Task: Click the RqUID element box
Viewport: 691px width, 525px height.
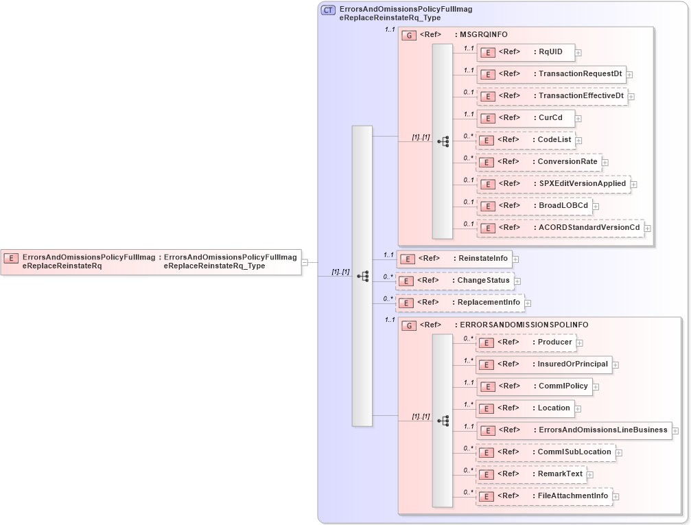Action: pyautogui.click(x=526, y=52)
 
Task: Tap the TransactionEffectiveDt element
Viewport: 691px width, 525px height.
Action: pyautogui.click(x=552, y=96)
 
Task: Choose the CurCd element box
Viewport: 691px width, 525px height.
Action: pyautogui.click(x=526, y=118)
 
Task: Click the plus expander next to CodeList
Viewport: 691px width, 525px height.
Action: pyautogui.click(x=578, y=140)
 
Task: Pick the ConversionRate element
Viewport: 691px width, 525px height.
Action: pyautogui.click(x=539, y=162)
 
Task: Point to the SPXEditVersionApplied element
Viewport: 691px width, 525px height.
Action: pyautogui.click(x=553, y=184)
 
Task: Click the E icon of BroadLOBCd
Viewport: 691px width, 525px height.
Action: pyautogui.click(x=487, y=206)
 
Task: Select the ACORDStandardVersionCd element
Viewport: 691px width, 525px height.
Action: pyautogui.click(x=560, y=228)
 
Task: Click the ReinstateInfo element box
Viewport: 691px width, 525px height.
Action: pyautogui.click(x=455, y=259)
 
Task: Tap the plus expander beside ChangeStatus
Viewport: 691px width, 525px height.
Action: pyautogui.click(x=518, y=281)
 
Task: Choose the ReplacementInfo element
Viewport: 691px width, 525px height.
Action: pyautogui.click(x=460, y=303)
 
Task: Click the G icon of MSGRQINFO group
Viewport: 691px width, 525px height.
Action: pyautogui.click(x=409, y=35)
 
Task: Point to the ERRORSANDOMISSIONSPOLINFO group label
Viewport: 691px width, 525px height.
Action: pyautogui.click(x=521, y=325)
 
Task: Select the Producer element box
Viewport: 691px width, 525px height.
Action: pyautogui.click(x=525, y=342)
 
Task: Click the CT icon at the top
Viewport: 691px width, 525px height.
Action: pyautogui.click(x=328, y=10)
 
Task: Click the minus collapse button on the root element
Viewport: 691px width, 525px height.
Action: pyautogui.click(x=305, y=261)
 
